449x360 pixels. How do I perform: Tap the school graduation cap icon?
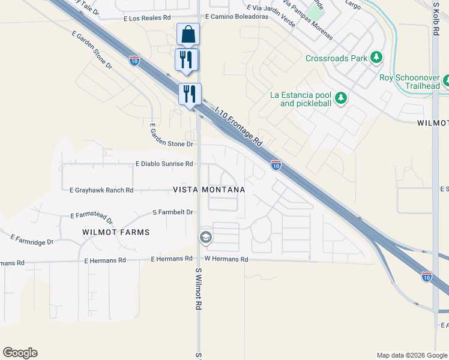coord(205,238)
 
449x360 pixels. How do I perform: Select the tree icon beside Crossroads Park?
coord(376,58)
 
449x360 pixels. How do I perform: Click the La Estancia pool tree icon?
coord(341,98)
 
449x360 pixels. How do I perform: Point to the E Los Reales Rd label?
coord(147,19)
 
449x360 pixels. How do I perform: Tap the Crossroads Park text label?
coord(336,59)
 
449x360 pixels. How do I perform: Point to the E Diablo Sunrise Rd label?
coord(164,163)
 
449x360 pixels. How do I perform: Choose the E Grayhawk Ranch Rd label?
coord(101,190)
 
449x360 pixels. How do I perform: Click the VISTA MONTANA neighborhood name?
coord(209,190)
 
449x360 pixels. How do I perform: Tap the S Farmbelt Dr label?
coord(172,212)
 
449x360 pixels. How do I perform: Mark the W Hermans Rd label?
coord(226,259)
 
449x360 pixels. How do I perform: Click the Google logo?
coord(20,353)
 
